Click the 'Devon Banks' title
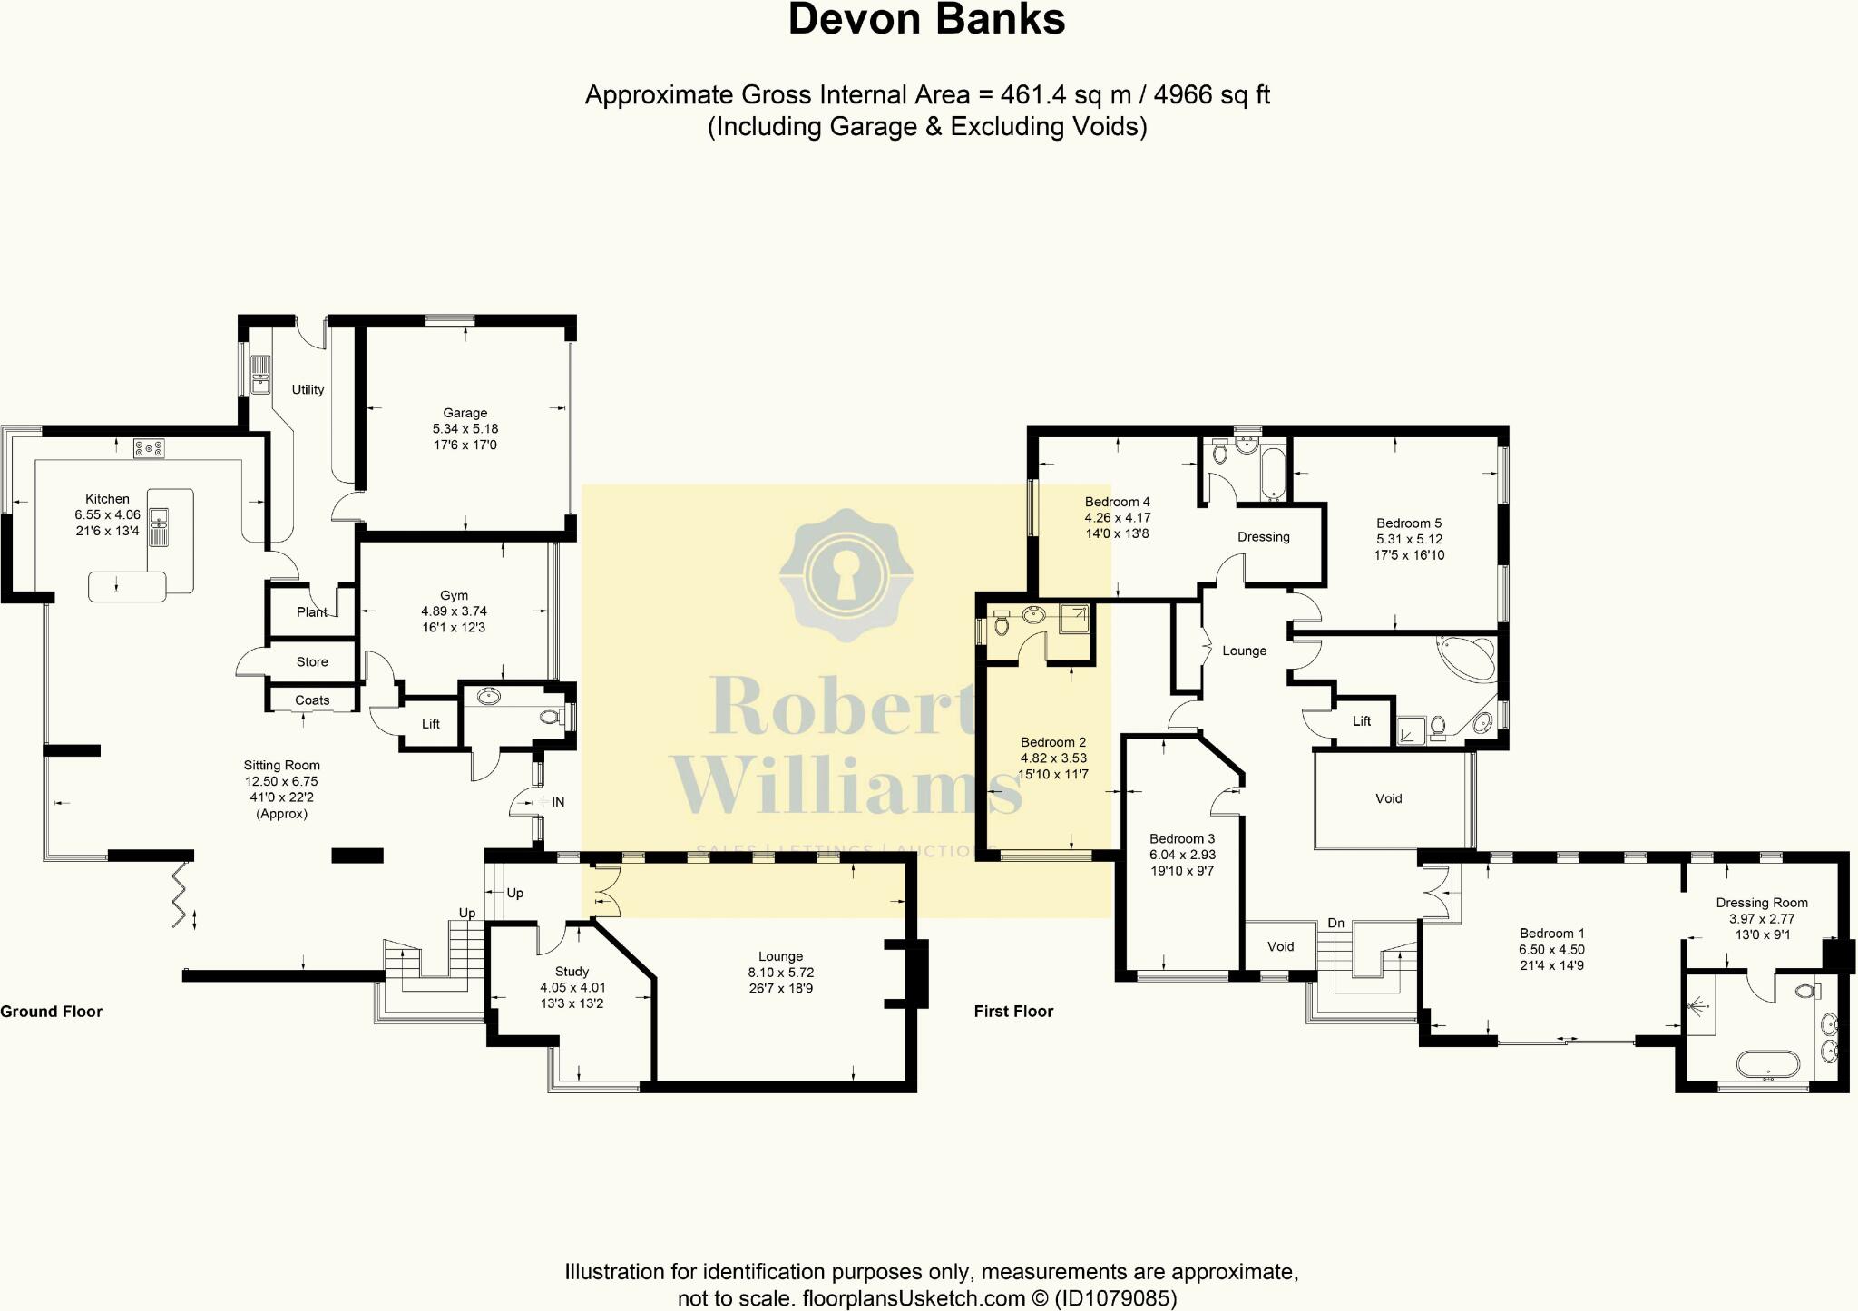tap(926, 20)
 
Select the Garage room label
tap(464, 413)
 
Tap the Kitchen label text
tap(107, 499)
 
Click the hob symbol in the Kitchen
tap(149, 448)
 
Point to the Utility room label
tap(308, 389)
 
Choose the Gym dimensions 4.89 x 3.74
tap(454, 611)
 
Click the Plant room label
tap(311, 612)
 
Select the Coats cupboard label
tap(312, 700)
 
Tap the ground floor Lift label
tap(430, 724)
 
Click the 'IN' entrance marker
tap(558, 802)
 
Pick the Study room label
tap(572, 972)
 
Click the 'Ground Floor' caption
tap(52, 1012)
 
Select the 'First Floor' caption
tap(1013, 1012)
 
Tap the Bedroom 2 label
tap(1052, 742)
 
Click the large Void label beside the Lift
tap(1388, 799)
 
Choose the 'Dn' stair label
tap(1335, 924)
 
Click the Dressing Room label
tap(1761, 903)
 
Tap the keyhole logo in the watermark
tap(846, 575)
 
